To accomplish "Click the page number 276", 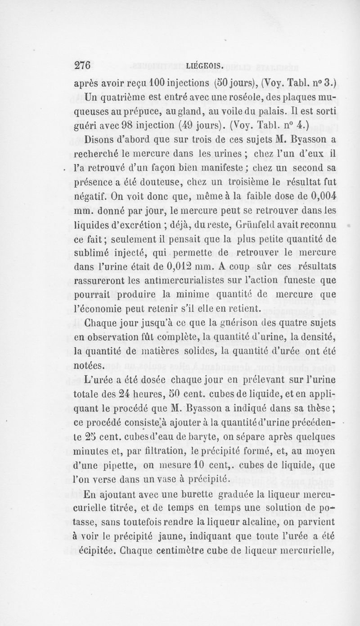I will tap(82, 65).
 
